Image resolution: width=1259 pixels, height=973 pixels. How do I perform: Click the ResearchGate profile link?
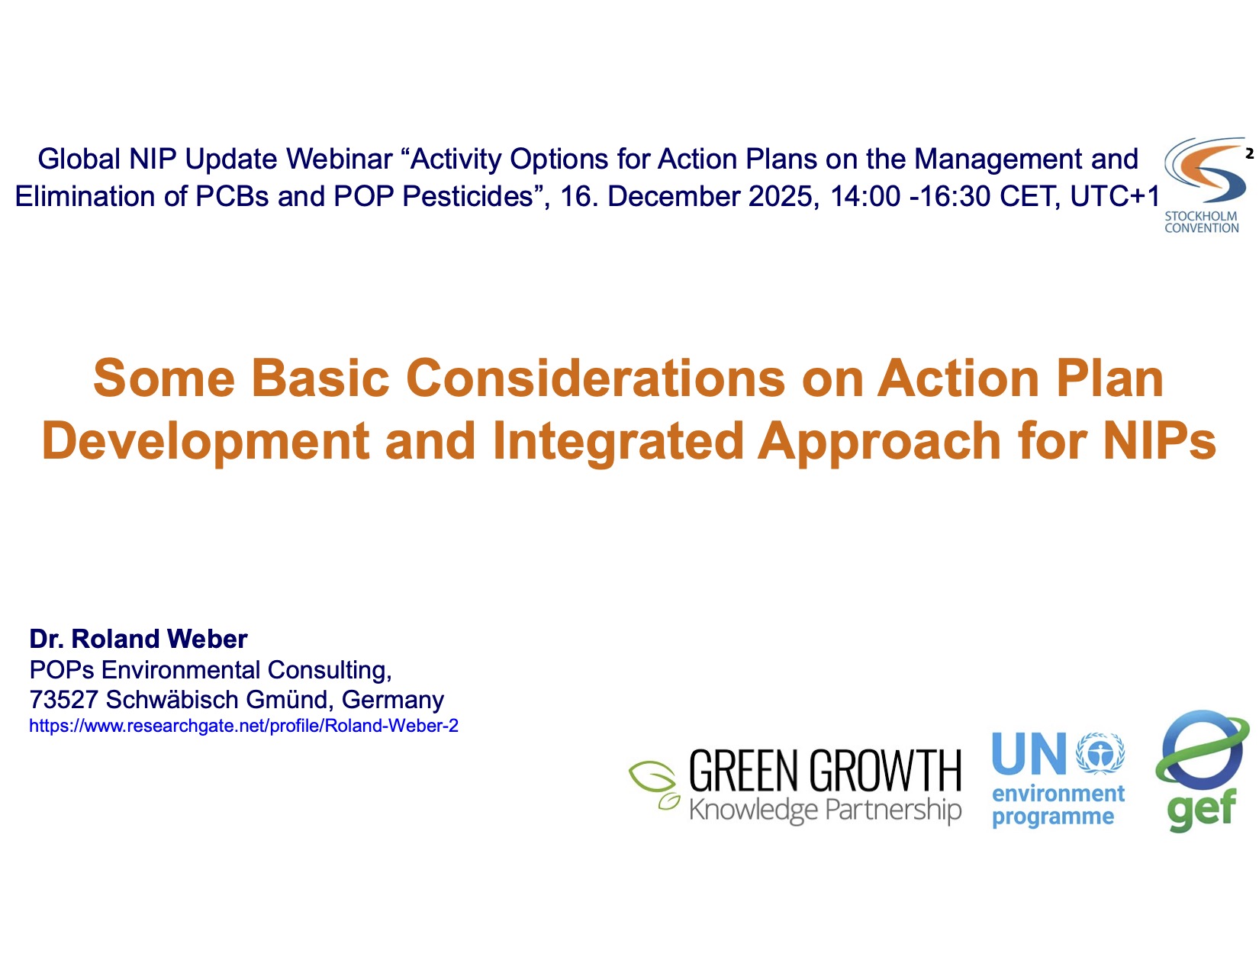coord(243,726)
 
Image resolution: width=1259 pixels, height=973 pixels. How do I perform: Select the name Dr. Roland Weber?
coord(138,639)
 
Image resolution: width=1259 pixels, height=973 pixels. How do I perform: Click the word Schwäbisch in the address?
coord(172,700)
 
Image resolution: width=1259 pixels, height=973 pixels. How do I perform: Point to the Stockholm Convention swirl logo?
coord(1205,170)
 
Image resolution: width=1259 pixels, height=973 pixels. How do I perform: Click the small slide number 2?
coord(1249,153)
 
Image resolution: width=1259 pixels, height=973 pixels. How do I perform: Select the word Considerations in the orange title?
coord(596,378)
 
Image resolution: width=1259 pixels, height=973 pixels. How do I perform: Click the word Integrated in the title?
coord(618,442)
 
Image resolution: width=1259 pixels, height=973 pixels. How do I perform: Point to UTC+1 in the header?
coord(1116,196)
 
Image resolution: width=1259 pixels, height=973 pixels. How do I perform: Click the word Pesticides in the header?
coord(468,196)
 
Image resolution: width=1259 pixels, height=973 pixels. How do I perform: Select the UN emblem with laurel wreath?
coord(1100,752)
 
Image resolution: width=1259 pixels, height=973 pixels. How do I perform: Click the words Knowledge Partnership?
coord(825,810)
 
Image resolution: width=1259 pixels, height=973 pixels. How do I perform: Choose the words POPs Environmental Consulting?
coord(211,670)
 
